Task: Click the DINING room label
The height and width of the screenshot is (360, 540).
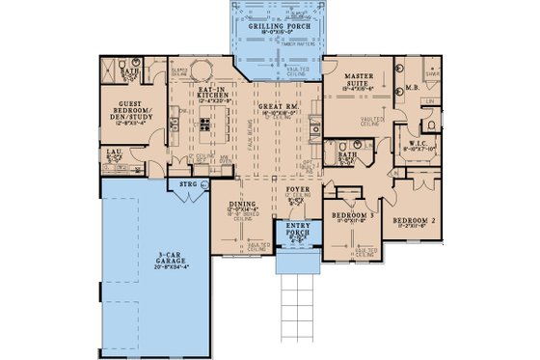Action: tap(241, 206)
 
